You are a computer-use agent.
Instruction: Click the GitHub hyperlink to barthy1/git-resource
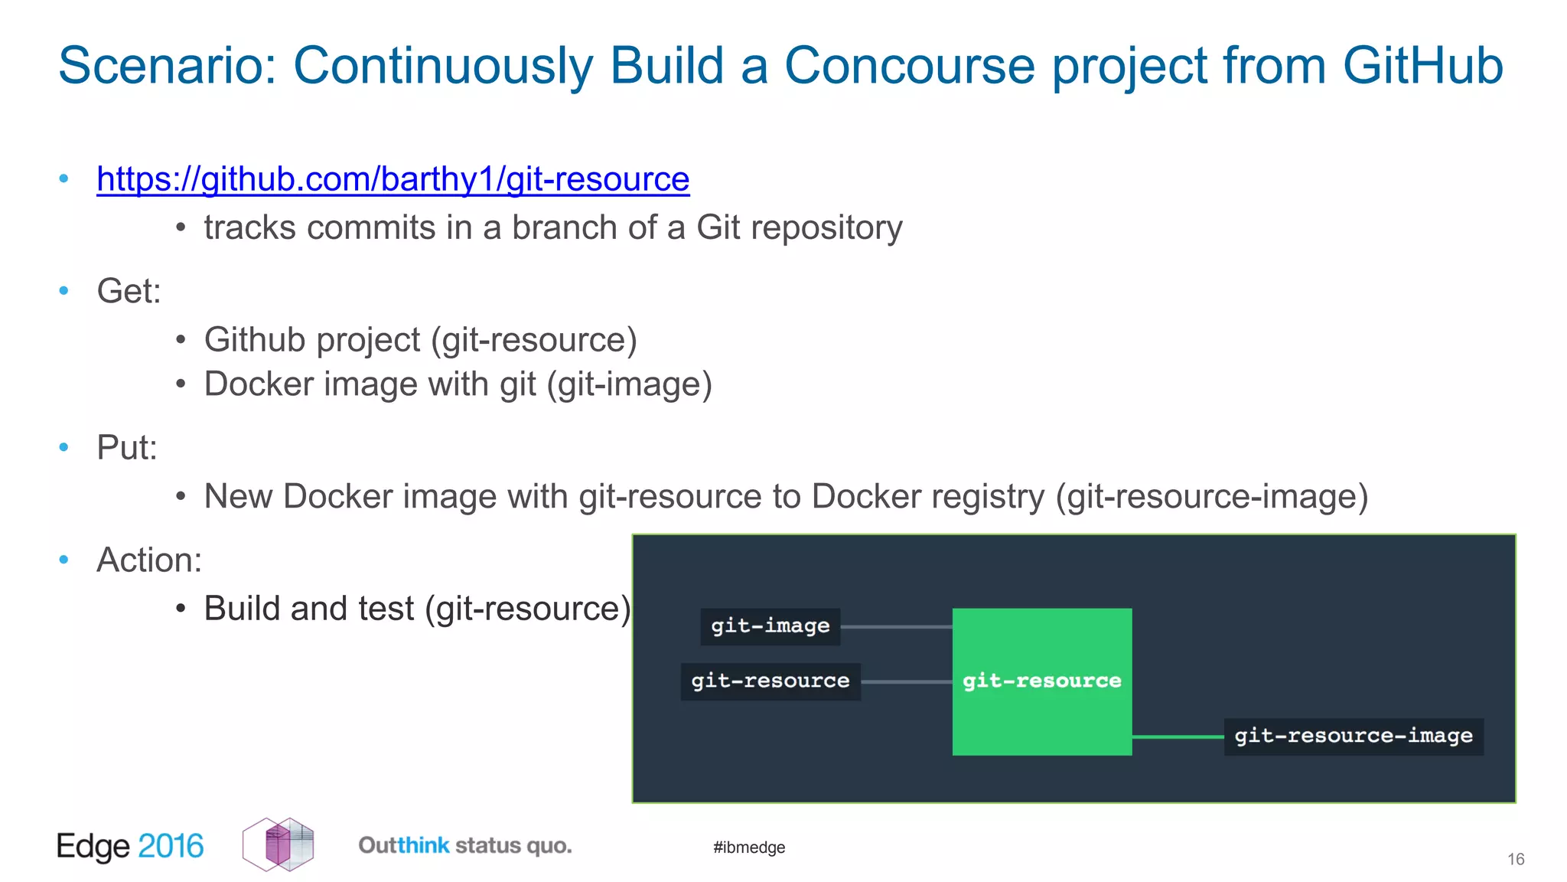393,179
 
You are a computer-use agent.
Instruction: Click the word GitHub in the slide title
1422,66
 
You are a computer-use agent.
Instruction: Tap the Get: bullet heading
129,291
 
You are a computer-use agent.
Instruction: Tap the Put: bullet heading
126,448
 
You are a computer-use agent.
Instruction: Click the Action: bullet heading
149,560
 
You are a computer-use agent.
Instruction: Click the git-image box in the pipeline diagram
770,626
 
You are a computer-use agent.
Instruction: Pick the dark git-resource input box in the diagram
770,681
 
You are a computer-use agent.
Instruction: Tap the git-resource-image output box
1353,737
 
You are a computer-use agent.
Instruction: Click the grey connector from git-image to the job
895,627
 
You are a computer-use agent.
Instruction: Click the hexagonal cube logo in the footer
279,844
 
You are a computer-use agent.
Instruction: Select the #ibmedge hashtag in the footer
748,848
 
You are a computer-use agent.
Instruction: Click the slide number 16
1515,860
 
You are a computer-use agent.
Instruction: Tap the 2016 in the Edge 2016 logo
171,847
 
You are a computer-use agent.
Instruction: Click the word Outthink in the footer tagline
403,846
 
